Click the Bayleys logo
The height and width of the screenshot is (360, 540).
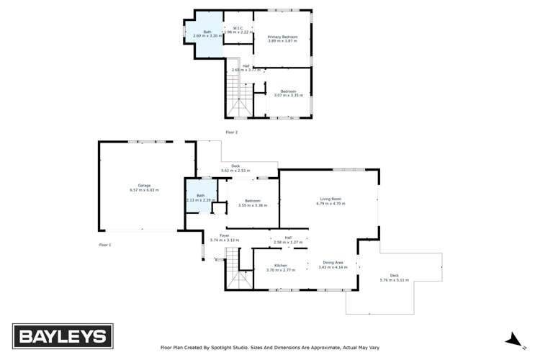[60, 336]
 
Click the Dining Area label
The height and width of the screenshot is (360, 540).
[333, 265]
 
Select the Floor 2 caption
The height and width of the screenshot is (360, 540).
[231, 132]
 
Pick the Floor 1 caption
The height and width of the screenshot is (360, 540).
[105, 245]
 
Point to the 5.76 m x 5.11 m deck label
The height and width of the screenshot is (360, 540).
[394, 277]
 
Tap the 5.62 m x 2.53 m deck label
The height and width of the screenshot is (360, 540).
[235, 168]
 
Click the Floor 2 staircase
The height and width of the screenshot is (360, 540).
[240, 94]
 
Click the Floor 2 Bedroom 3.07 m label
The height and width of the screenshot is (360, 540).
[288, 93]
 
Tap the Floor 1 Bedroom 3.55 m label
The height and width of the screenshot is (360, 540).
[253, 203]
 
